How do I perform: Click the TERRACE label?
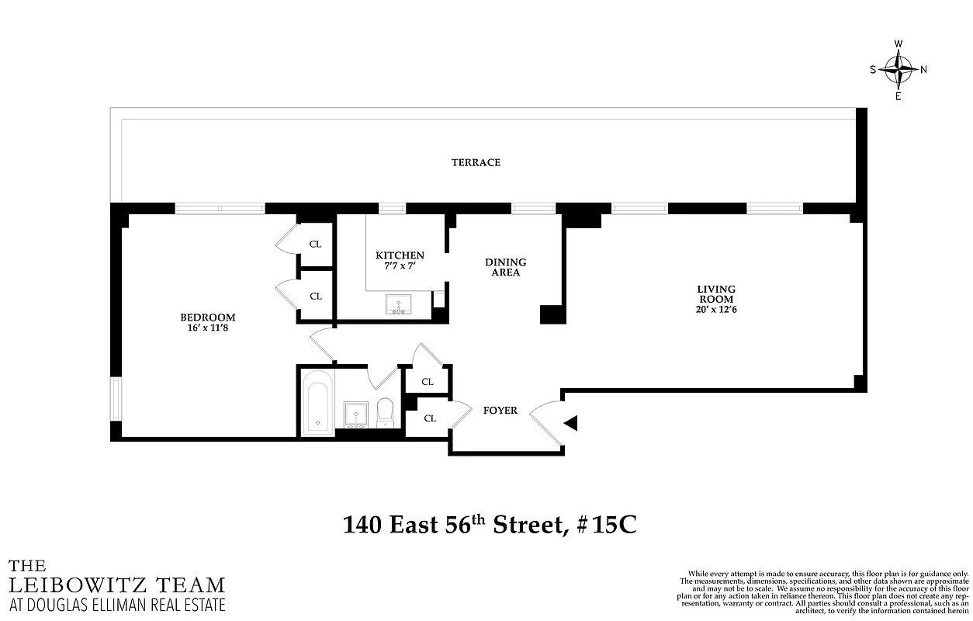point(476,162)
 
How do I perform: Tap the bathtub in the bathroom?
point(317,402)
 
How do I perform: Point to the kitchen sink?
point(400,306)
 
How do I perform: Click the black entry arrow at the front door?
point(571,423)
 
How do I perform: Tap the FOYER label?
point(500,411)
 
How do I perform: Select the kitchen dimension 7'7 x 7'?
point(400,266)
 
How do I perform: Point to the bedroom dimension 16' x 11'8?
point(207,328)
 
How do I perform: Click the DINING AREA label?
point(505,267)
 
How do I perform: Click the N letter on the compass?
point(923,69)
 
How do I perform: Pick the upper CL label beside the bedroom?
point(315,244)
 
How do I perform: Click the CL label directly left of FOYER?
point(430,418)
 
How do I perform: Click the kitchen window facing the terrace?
point(392,208)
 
